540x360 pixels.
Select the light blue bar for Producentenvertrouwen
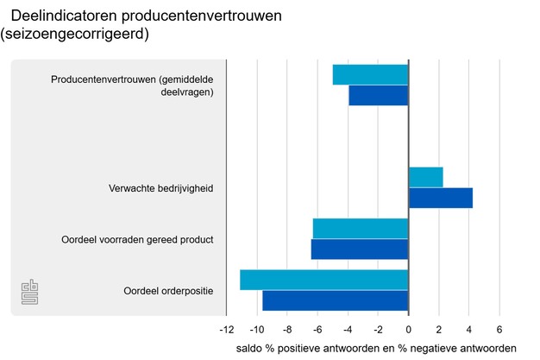point(370,74)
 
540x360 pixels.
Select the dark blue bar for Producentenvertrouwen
point(378,95)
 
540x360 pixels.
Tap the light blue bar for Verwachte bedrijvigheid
point(425,177)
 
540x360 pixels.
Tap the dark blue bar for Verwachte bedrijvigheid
point(440,198)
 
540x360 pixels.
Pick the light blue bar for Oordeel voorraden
point(360,229)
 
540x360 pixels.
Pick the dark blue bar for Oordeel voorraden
point(359,249)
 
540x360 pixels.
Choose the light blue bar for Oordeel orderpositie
point(323,280)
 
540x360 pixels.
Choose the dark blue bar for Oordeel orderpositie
point(335,300)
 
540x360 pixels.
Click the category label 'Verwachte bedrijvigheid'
point(160,188)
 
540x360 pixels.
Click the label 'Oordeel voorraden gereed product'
point(137,239)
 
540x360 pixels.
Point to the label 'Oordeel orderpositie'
point(168,290)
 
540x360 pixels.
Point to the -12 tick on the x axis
point(226,330)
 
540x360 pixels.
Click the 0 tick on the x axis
point(408,330)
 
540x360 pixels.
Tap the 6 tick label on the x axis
point(499,330)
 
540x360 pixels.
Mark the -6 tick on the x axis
point(317,330)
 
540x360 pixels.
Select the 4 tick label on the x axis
point(469,330)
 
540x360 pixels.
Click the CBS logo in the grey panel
point(31,293)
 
